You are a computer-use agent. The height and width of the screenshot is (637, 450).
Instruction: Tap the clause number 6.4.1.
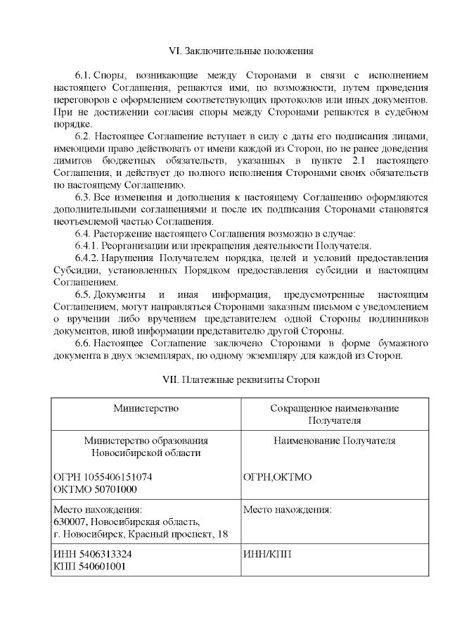(x=87, y=246)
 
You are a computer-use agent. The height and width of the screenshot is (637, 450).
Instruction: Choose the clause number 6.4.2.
(x=87, y=258)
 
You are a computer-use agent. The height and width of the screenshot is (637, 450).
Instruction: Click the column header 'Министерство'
(x=146, y=408)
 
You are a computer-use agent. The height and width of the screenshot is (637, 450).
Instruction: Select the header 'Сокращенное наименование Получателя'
(x=335, y=414)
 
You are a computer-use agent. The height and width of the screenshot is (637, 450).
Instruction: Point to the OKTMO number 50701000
(x=112, y=489)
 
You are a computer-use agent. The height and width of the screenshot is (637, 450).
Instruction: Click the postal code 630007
(x=70, y=522)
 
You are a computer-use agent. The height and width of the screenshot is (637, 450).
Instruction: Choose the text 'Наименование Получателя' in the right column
(x=335, y=441)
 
